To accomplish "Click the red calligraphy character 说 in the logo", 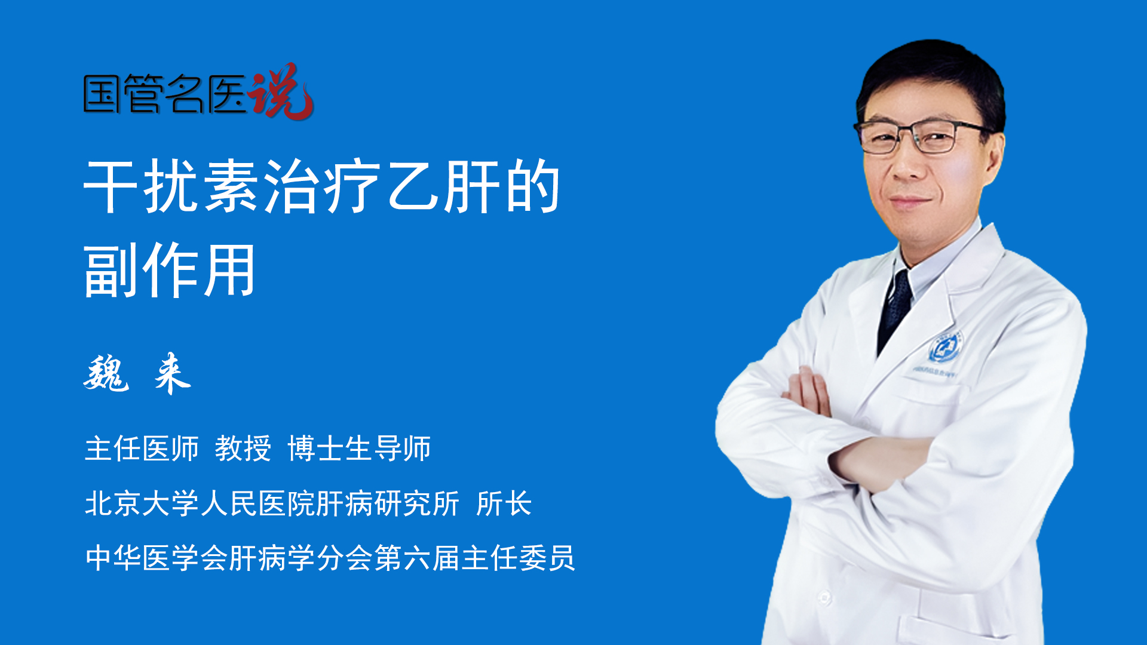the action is (x=281, y=91).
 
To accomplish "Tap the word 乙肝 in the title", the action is (x=444, y=186).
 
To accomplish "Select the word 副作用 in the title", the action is (x=170, y=270).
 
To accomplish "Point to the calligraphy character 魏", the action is (x=106, y=373).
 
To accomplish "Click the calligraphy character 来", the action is (x=172, y=373).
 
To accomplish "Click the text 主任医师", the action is (x=142, y=448).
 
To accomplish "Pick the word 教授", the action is (x=243, y=448).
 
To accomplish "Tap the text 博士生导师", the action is (x=359, y=448).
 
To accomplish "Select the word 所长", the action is (x=504, y=503).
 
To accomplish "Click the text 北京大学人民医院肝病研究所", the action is (x=272, y=503).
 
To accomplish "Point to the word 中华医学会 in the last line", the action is (x=157, y=558).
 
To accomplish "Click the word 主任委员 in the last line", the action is (x=518, y=558).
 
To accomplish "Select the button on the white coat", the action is (x=825, y=597).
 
